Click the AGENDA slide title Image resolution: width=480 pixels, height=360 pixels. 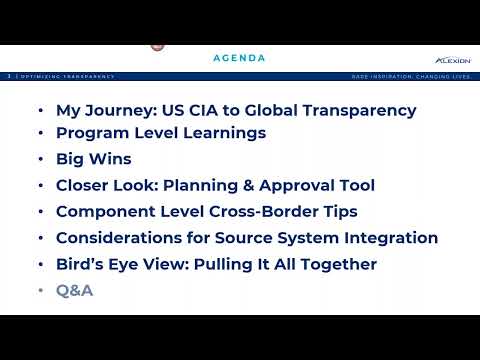click(x=239, y=58)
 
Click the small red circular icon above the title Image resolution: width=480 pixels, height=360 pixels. click(x=156, y=45)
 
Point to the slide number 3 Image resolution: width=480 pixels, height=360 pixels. click(x=9, y=76)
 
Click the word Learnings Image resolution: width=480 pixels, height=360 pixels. click(x=222, y=133)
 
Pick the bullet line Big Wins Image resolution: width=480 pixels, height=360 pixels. click(x=93, y=159)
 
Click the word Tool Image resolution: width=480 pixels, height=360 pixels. click(x=356, y=185)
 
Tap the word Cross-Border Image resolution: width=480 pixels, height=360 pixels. click(x=259, y=211)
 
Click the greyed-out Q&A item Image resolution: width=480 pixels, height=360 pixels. click(x=75, y=291)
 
